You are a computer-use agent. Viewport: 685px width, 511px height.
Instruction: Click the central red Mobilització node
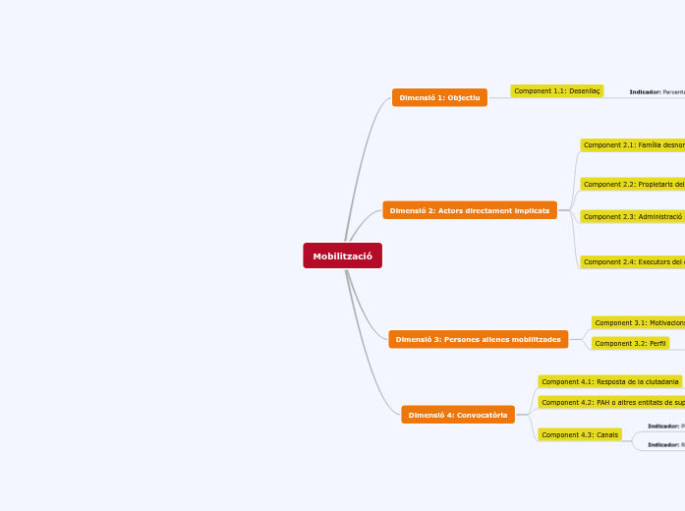coord(342,255)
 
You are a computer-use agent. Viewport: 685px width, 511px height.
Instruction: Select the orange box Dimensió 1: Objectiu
coord(439,97)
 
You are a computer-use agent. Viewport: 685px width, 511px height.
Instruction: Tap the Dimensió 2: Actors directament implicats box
coord(469,210)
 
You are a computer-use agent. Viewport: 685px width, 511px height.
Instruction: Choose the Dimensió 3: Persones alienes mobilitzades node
coord(478,339)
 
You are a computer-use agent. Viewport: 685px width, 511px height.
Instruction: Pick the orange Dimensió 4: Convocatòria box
coord(457,415)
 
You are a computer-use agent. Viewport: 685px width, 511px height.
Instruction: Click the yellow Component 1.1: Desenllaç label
coord(556,91)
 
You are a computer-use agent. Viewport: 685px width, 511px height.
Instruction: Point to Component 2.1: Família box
coord(632,144)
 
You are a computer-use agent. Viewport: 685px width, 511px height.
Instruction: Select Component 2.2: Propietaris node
coord(632,184)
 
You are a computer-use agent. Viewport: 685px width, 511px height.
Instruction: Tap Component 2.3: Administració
coord(632,216)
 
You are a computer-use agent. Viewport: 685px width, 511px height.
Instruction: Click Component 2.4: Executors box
coord(632,261)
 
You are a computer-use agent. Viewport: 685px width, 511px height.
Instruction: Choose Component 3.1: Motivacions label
coord(638,322)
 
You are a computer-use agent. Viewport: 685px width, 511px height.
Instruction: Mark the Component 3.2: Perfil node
coord(630,343)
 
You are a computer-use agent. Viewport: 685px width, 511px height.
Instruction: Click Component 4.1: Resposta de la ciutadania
coord(609,381)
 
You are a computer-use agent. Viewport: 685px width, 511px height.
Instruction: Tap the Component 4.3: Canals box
coord(580,434)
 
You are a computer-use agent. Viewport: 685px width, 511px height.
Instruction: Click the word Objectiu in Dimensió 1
coord(462,97)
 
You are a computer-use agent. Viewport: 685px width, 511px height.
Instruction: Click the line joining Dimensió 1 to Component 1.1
coord(498,96)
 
